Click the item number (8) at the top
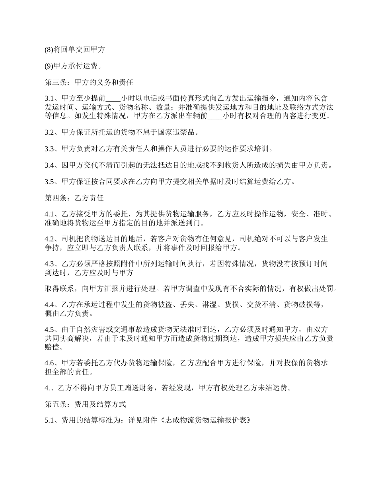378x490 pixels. (49, 50)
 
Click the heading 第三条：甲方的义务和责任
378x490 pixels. (89, 83)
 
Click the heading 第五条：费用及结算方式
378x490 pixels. (85, 404)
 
